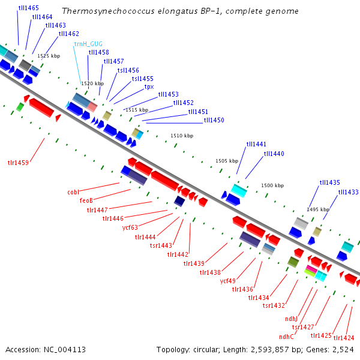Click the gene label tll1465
28,8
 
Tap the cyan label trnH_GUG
88,44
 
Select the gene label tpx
149,87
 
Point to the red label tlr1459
18,163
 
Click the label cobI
73,192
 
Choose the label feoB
86,200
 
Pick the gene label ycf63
130,227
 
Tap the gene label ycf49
228,281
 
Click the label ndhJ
291,319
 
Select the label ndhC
286,337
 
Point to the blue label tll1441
256,144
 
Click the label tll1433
348,192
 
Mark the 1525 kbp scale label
49,56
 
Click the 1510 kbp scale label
182,136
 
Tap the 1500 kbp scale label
272,185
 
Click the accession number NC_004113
65,350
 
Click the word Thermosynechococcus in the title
109,11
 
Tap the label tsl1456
128,70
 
